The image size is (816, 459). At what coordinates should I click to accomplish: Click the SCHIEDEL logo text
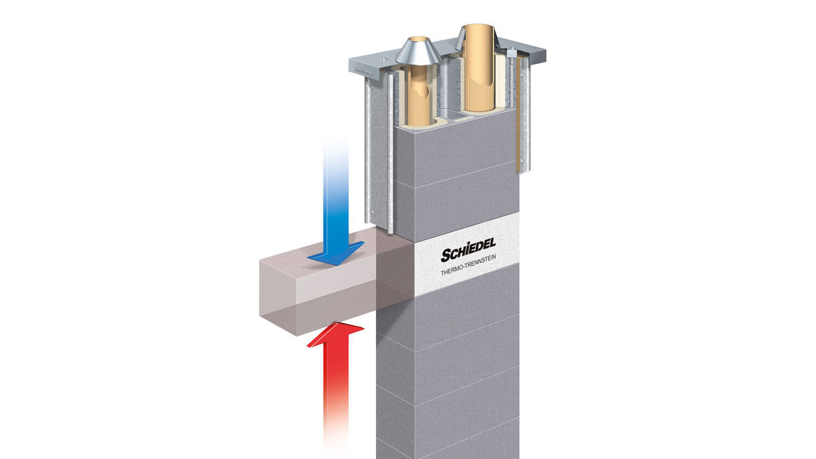[468, 250]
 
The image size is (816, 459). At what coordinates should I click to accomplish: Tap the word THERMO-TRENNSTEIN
[468, 265]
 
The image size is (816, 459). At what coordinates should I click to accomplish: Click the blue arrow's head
[335, 253]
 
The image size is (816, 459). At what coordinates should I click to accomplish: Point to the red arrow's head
[335, 335]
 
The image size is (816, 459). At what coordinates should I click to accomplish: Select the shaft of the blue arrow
[336, 193]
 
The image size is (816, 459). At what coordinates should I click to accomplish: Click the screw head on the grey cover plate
[383, 58]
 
